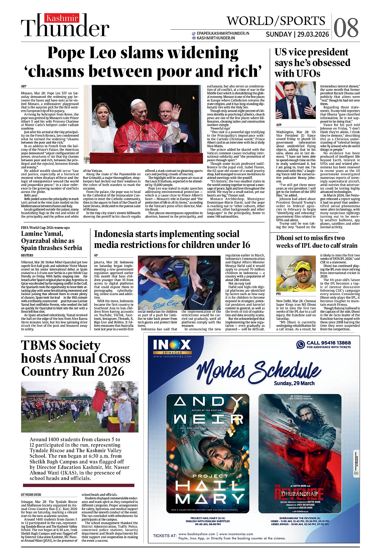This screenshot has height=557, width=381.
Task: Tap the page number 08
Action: [x=346, y=28]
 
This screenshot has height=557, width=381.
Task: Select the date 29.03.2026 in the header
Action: [x=313, y=34]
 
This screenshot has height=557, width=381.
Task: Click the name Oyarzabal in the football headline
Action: [x=39, y=241]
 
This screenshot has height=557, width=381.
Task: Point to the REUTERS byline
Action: [x=27, y=255]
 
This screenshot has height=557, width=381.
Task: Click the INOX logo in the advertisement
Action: [x=172, y=345]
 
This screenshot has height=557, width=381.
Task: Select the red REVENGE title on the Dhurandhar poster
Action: [x=299, y=493]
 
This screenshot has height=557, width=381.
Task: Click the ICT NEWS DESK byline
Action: [x=31, y=495]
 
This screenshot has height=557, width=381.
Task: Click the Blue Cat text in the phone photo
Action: [x=165, y=305]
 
